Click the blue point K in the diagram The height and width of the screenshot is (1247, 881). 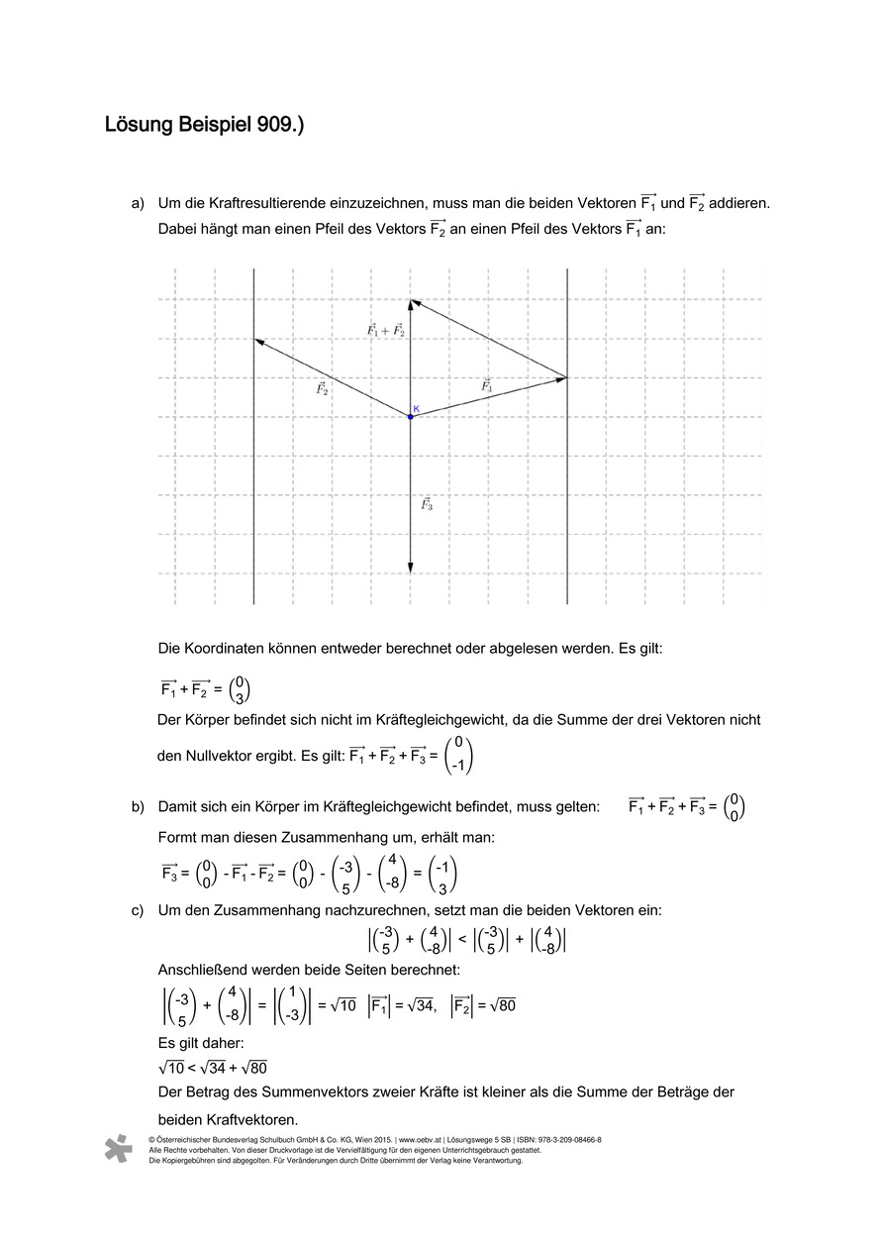(x=411, y=417)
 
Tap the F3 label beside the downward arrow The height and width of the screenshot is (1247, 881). (x=427, y=504)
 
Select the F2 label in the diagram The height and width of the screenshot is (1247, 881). (x=322, y=389)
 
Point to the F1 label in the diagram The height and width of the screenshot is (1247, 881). (x=486, y=386)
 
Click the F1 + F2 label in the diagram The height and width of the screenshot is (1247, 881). (x=385, y=330)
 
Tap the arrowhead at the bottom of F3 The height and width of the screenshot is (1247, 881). (x=411, y=568)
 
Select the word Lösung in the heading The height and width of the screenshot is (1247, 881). (x=138, y=126)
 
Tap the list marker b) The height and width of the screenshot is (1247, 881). (x=138, y=807)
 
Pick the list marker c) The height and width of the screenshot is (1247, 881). (x=138, y=910)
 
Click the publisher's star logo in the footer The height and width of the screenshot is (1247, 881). (x=119, y=1149)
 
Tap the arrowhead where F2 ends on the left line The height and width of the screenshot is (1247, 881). (x=259, y=342)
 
